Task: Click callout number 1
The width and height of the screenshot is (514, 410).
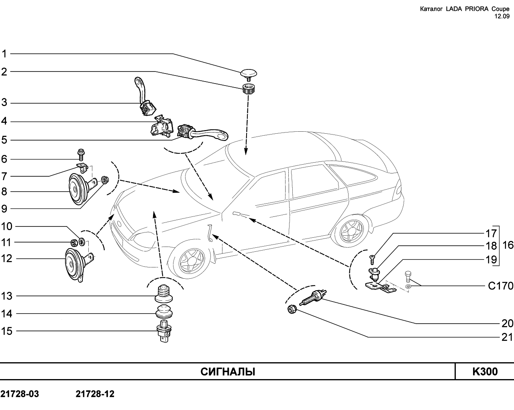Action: coord(4,54)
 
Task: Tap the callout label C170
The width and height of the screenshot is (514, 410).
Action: coord(500,286)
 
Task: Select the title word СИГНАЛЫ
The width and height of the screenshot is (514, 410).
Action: coord(228,372)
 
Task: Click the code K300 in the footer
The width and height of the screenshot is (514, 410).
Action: coord(485,371)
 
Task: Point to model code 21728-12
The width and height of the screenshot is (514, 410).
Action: coord(95,394)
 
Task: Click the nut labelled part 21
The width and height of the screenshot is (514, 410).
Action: coord(292,310)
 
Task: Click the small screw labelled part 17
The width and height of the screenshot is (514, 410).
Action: coord(372,260)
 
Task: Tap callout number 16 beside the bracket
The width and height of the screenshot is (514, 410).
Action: coord(508,245)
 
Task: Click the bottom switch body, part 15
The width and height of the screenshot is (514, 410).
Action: coord(164,331)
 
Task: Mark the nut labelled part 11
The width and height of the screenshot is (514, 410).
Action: coord(74,243)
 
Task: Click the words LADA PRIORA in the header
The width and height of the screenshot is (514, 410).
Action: coord(468,9)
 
